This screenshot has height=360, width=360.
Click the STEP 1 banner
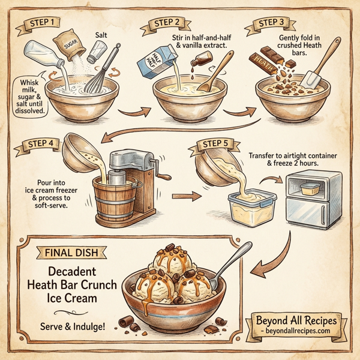pos(42,22)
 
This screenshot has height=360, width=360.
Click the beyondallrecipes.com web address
pos(300,331)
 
